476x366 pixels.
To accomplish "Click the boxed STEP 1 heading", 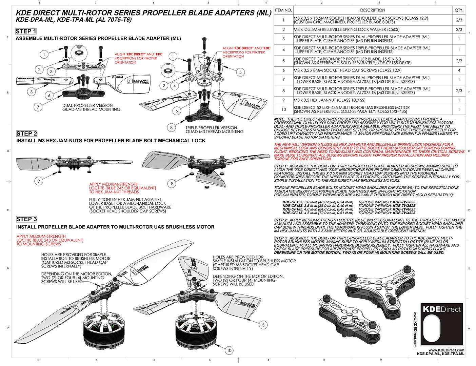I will click(26, 32).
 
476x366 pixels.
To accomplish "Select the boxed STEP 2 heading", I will click(26, 134).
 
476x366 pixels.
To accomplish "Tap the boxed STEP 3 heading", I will click(26, 219).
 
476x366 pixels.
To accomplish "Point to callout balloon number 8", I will click(172, 127).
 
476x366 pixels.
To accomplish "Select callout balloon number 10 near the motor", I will click(229, 350).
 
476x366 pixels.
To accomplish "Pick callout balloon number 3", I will click(51, 71).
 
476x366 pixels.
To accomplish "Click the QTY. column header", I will click(459, 10).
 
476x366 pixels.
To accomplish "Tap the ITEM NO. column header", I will click(283, 10).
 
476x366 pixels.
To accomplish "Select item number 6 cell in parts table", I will click(283, 70).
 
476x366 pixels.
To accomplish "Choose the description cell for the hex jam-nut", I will click(372, 100).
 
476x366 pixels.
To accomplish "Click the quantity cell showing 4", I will click(459, 70).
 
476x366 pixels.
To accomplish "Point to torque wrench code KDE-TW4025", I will click(404, 209).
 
